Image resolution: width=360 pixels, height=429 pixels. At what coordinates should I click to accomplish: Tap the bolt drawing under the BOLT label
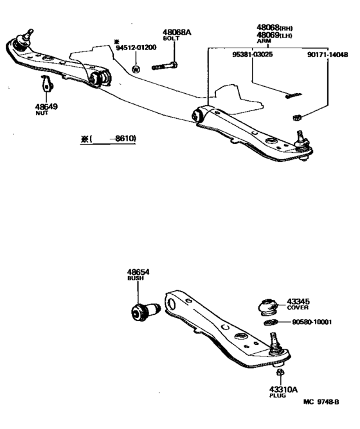165,65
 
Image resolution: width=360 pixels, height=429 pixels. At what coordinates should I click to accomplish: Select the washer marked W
136,68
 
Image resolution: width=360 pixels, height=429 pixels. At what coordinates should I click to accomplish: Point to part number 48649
47,106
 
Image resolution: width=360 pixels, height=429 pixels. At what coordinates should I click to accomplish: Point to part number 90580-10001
312,322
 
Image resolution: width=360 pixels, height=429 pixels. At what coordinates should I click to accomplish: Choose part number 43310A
280,389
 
